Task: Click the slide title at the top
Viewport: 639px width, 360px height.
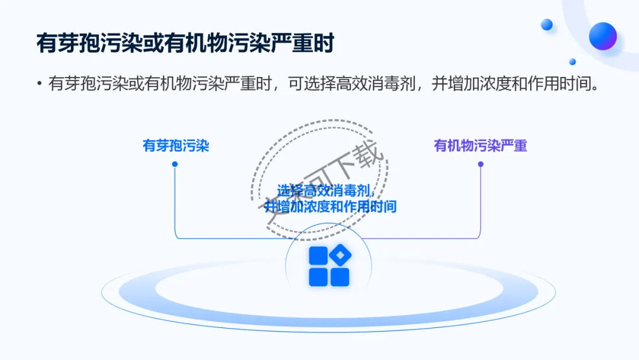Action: pos(185,44)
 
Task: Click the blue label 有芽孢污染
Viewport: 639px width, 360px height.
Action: pos(176,146)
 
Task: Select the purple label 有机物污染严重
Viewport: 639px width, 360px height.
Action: pos(480,146)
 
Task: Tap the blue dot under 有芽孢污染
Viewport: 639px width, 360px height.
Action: pos(175,164)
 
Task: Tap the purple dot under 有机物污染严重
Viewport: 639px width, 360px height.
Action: pos(480,164)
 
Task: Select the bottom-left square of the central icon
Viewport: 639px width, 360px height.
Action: pos(318,277)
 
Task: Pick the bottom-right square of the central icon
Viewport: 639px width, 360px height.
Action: pos(340,277)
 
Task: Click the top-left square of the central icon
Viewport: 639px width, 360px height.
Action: pos(318,255)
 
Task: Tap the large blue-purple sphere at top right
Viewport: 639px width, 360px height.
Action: pos(603,36)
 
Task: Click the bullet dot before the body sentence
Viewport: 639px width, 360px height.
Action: pos(39,83)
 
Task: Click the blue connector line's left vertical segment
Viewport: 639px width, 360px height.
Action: pos(175,201)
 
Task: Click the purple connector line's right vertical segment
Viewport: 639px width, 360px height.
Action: pos(480,201)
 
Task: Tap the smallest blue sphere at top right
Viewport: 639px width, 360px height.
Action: pos(572,62)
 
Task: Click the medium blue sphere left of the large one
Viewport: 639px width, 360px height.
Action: pos(547,24)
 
